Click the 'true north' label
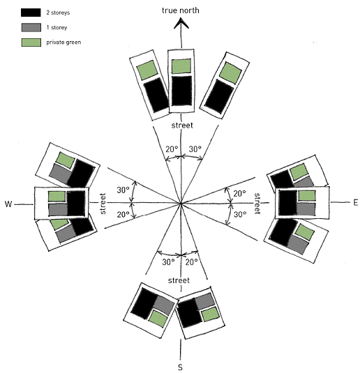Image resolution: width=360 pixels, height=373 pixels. pos(181,10)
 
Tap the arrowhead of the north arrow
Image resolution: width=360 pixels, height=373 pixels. pos(181,24)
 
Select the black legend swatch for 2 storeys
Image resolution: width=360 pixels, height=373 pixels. pos(31,13)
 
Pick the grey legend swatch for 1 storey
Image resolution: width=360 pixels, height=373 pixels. pos(31,28)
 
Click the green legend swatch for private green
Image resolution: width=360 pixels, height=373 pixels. pos(31,43)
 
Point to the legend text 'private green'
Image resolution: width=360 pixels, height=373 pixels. pos(63,43)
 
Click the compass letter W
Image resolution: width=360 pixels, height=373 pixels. pos(8,204)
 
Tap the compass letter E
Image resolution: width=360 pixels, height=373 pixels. pos(356,203)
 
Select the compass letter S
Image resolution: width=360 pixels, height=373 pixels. pos(180,367)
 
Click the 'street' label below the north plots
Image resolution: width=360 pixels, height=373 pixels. pos(182,125)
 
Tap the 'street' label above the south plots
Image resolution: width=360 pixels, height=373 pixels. pos(179,280)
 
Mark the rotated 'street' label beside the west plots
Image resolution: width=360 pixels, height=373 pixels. pos(103,204)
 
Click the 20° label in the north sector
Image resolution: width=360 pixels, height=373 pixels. pos(172,149)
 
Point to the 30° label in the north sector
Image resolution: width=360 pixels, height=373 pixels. pos(195,149)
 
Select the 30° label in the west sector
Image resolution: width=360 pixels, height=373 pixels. pos(123,190)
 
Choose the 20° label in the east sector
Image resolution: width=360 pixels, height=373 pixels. pos(239,194)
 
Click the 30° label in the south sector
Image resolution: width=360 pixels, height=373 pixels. pos(168,262)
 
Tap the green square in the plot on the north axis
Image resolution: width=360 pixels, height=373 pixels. pos(181,66)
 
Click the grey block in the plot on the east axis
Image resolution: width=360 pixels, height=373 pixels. pos(306,209)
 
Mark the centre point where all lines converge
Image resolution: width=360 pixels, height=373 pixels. pos(181,204)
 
